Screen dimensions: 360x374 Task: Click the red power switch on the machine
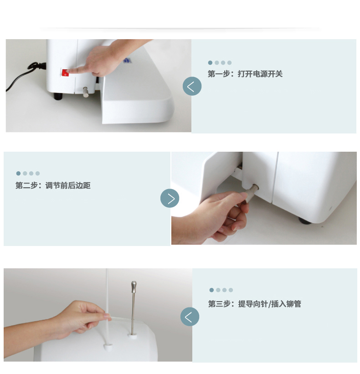65,72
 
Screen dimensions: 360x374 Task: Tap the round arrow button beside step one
192,86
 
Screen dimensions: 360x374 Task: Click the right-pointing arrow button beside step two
170,198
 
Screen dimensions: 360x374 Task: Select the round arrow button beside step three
190,317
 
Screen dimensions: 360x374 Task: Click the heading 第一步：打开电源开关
245,74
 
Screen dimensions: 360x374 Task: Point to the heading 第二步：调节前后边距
53,185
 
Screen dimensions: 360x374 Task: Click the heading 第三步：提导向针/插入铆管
255,304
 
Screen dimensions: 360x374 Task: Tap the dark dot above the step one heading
210,63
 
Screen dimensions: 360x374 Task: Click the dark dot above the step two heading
18,174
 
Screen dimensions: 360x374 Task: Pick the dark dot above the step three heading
211,290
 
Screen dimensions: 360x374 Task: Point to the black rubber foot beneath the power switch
58,96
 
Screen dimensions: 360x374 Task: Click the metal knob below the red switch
85,92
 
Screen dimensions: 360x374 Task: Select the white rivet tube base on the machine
108,346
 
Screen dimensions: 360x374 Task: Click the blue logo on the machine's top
128,61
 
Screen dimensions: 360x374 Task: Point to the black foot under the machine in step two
305,221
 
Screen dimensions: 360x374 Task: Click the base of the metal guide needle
133,335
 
